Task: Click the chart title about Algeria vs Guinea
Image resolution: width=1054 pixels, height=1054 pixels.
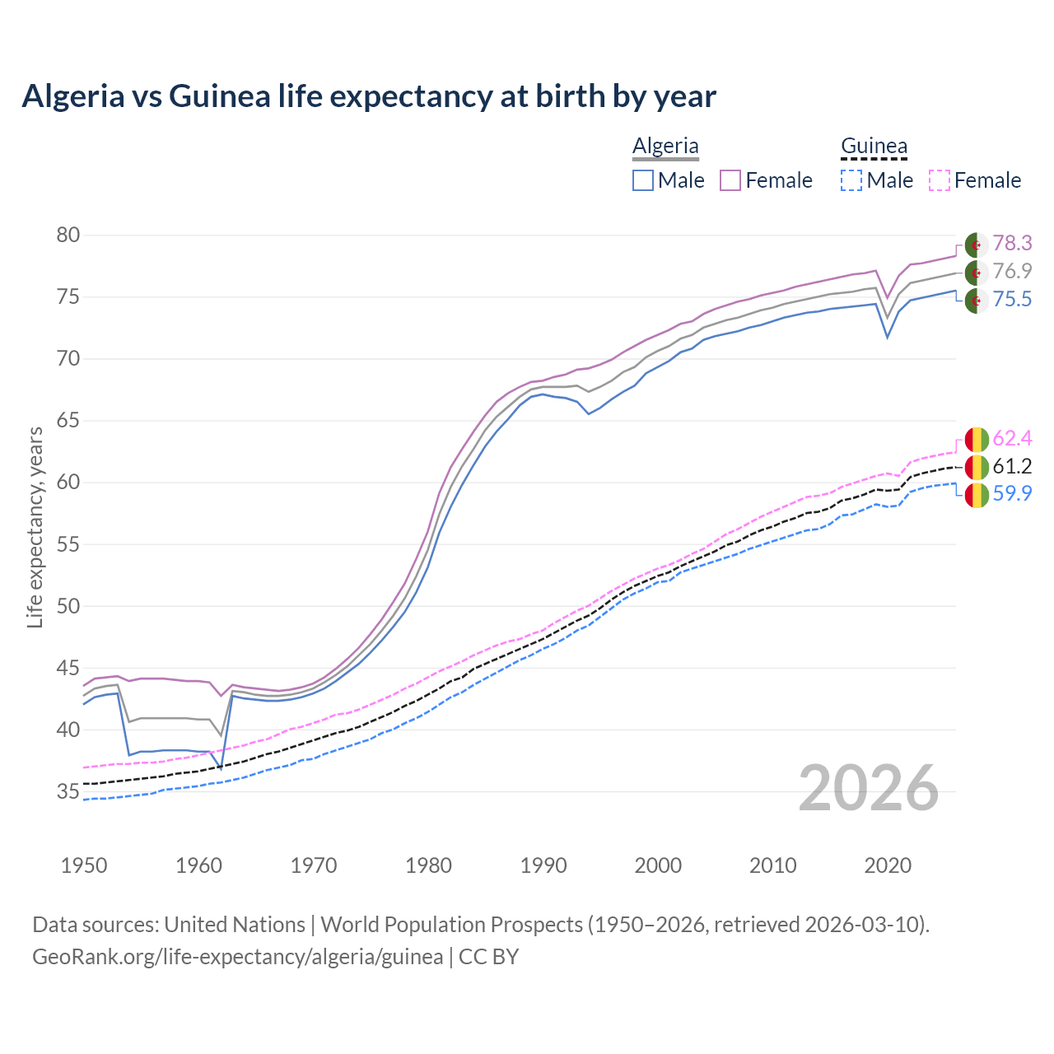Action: (369, 96)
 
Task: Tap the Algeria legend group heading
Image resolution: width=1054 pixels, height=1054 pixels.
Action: (665, 147)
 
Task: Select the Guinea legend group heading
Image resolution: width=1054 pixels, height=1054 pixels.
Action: (874, 147)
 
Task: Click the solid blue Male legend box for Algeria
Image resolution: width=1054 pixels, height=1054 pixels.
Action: (643, 180)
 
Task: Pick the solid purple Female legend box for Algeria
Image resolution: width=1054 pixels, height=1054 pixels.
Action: (731, 180)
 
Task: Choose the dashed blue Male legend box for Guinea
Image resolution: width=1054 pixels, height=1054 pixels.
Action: (851, 180)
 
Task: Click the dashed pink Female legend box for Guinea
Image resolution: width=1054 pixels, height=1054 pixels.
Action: (940, 180)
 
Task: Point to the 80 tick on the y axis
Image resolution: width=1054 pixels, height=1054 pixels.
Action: (68, 236)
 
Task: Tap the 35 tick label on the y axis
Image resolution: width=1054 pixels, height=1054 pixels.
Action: (68, 792)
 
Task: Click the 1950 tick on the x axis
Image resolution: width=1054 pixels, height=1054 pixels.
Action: (84, 865)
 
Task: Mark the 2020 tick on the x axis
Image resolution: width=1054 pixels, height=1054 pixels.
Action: (888, 865)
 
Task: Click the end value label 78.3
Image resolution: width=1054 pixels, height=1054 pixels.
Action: (1012, 243)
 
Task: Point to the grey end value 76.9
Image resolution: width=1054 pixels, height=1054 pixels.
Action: (1012, 271)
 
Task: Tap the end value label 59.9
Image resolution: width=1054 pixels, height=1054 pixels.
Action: (1012, 494)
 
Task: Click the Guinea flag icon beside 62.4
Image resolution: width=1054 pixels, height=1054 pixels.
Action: (977, 439)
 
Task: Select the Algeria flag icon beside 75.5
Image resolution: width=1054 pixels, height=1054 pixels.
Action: (977, 301)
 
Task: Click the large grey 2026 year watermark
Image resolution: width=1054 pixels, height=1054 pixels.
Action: (869, 789)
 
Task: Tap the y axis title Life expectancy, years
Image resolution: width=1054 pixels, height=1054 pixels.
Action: (35, 527)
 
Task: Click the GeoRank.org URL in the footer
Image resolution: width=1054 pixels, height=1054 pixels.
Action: (237, 957)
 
